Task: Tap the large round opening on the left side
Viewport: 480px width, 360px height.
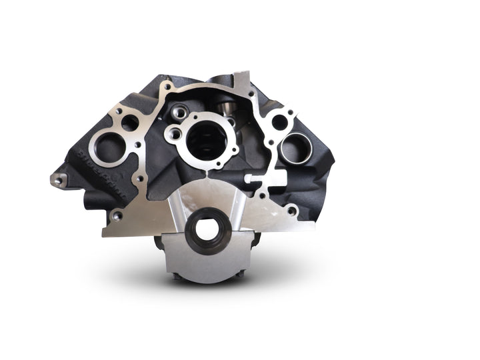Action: [x=107, y=145]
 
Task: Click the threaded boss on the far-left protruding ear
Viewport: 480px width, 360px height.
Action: [x=58, y=179]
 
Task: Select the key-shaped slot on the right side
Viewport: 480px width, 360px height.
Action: [x=261, y=179]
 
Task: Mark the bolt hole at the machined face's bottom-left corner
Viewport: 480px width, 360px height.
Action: [x=117, y=216]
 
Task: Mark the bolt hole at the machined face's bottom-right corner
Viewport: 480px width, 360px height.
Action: [x=291, y=211]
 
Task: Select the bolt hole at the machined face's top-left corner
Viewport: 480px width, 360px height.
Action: [x=119, y=111]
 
